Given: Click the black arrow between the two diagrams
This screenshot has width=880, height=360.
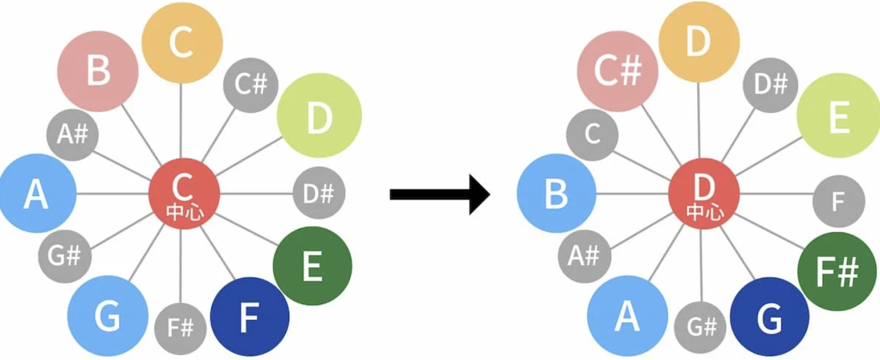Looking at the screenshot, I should [x=440, y=194].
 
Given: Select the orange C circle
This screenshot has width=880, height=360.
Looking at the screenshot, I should [x=182, y=43].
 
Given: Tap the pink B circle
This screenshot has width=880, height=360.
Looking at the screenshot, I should [x=97, y=71].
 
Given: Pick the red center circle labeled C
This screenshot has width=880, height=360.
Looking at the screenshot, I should [x=184, y=194].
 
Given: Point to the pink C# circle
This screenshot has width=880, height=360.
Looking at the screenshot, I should [x=617, y=71].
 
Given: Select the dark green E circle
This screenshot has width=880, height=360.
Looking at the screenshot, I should [x=312, y=266].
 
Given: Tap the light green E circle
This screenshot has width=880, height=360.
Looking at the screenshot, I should [x=839, y=117].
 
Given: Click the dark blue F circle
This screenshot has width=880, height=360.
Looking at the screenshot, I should [x=250, y=317].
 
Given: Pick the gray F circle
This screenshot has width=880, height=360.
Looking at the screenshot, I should [x=838, y=201].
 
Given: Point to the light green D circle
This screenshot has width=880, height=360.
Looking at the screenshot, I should [x=319, y=117].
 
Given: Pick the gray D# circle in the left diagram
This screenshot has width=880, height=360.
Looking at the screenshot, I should [x=319, y=194].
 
